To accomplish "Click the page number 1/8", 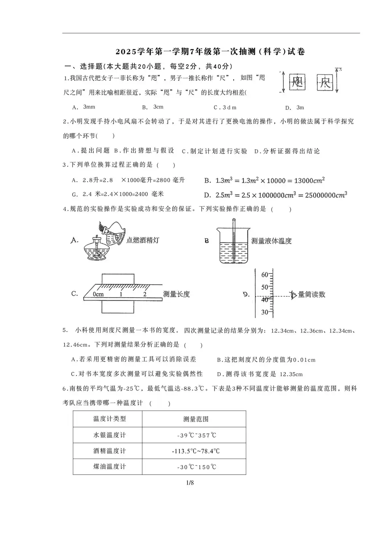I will [190, 483].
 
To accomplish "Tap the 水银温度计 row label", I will [110, 435].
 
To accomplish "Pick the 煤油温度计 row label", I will [110, 467].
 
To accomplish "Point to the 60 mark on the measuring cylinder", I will [264, 275].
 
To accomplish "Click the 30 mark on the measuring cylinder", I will [264, 312].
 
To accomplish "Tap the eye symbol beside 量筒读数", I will [293, 294].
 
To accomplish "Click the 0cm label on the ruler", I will [98, 294].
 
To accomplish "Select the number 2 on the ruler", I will [145, 294].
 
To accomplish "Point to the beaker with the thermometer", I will [232, 244].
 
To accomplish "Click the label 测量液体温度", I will [271, 241].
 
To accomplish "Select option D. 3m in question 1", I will [295, 108].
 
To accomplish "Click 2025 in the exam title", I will [123, 52].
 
